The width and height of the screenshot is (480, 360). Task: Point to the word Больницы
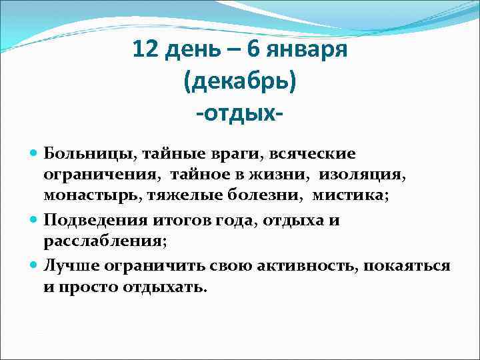tap(87, 154)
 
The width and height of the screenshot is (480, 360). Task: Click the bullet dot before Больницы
tap(35, 154)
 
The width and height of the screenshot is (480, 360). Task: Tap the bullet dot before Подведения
tap(35, 219)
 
